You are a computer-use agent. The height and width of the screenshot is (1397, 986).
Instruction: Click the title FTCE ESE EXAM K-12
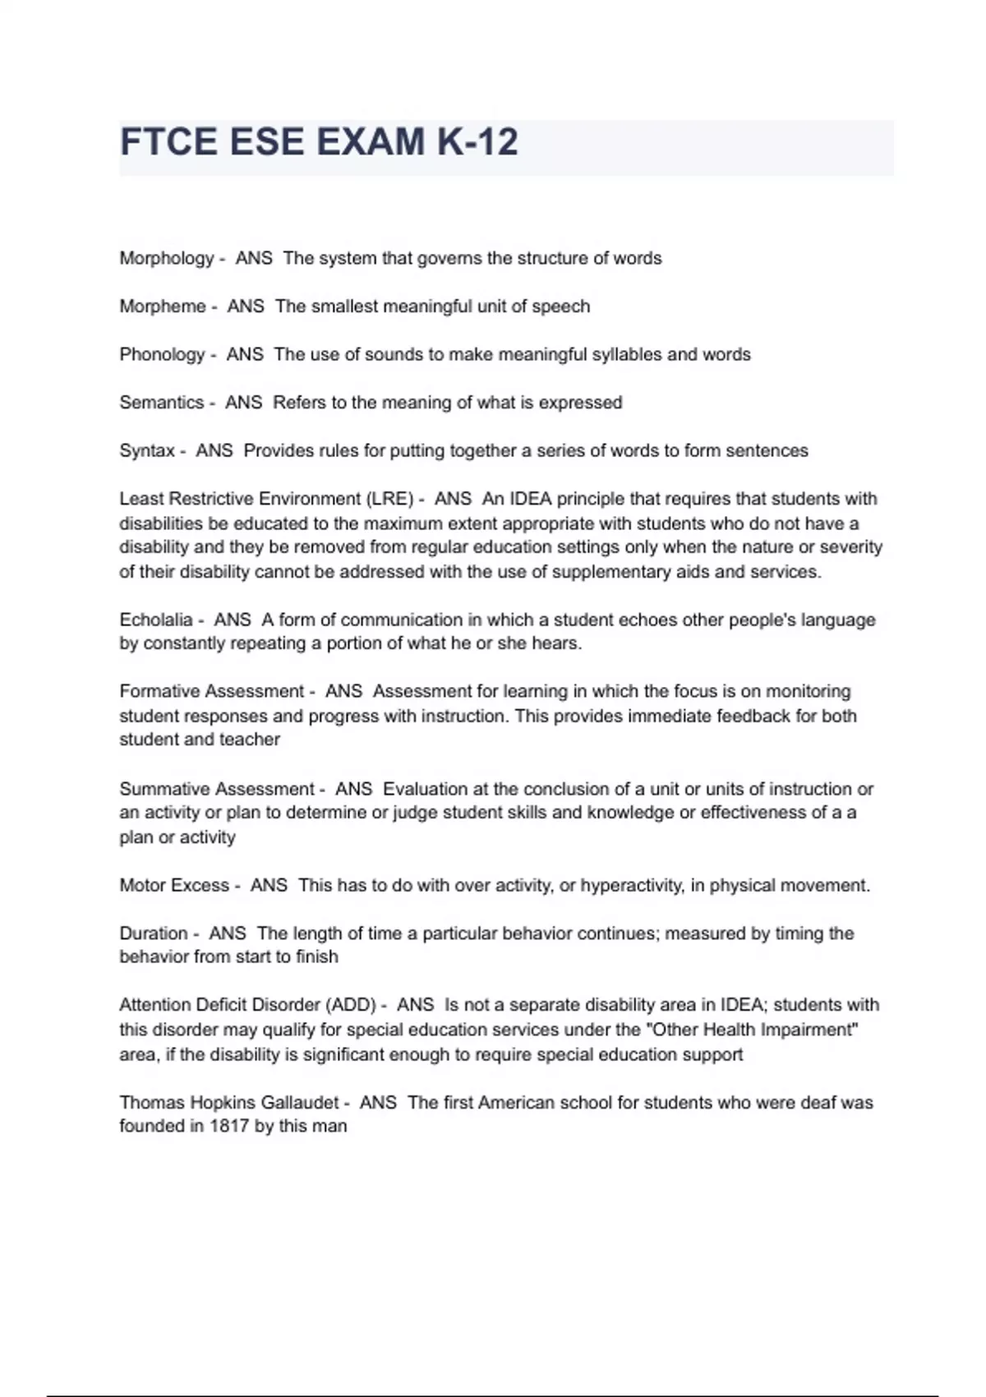(x=319, y=142)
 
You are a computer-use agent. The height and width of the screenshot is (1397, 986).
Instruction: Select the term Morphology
(x=166, y=259)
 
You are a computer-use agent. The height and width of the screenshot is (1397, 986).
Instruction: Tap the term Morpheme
(x=163, y=307)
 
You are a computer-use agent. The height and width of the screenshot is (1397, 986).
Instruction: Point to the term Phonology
(x=162, y=355)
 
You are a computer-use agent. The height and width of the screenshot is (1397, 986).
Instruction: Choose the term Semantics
(x=161, y=403)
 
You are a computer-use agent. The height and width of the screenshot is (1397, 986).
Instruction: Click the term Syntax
(x=147, y=451)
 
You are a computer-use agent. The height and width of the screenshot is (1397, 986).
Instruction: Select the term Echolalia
(x=155, y=620)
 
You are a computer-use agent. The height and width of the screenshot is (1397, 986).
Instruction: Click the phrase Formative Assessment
(x=211, y=691)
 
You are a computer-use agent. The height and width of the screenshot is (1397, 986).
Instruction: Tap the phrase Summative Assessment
(x=216, y=789)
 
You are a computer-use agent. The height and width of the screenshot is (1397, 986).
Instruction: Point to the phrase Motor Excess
(x=174, y=885)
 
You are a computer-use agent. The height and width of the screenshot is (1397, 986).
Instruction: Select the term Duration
(x=154, y=934)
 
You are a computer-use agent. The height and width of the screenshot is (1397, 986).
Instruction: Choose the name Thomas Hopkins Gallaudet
(x=228, y=1103)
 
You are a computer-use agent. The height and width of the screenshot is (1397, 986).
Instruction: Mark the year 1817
(x=229, y=1127)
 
